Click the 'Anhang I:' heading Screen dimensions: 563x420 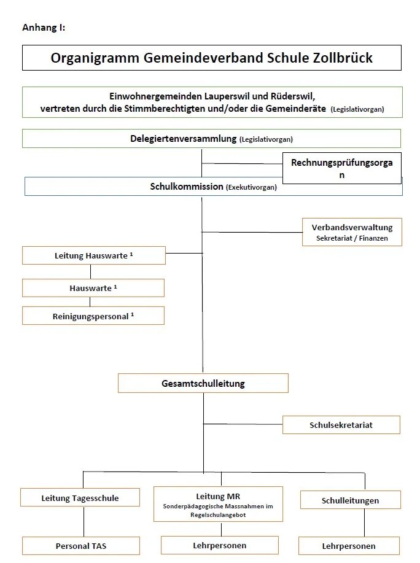point(44,28)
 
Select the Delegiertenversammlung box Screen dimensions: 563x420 point(211,139)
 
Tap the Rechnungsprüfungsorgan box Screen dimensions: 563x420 point(341,168)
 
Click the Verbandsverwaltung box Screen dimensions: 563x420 point(352,232)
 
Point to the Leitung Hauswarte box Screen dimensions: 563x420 point(94,255)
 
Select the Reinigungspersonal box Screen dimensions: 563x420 point(93,316)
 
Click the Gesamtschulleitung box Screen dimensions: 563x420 point(203,383)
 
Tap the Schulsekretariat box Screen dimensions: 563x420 point(341,424)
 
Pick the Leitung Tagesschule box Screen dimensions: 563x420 point(80,497)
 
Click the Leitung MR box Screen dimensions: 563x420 point(218,504)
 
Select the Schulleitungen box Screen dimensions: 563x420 point(350,500)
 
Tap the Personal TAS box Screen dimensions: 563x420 point(80,545)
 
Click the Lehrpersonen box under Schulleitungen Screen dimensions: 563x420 point(349,545)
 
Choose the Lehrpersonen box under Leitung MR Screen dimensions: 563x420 point(219,545)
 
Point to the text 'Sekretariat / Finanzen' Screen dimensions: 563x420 point(352,238)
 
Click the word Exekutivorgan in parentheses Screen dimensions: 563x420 point(251,188)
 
